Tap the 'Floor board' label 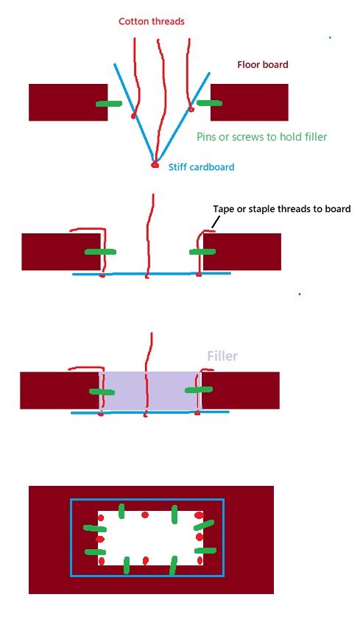click(x=262, y=65)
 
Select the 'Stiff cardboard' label click(x=201, y=167)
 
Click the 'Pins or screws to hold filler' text click(x=262, y=136)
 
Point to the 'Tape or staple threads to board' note click(x=281, y=208)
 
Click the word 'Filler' click(x=222, y=356)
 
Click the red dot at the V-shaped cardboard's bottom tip click(x=155, y=165)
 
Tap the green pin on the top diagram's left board click(x=110, y=104)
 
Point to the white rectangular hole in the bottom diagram click(x=150, y=538)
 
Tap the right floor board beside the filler click(x=243, y=390)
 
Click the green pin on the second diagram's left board click(x=100, y=252)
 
